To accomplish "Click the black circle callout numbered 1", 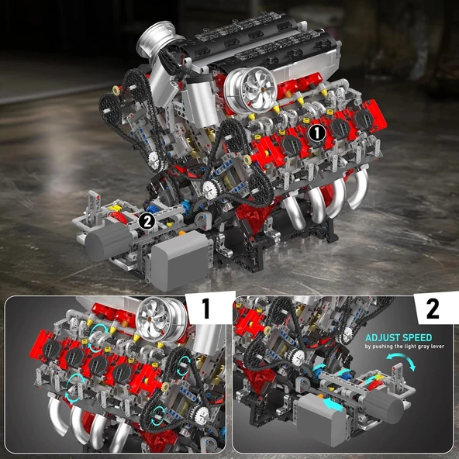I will tap(316, 133).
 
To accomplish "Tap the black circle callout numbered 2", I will tap(147, 221).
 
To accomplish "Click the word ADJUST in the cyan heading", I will tap(381, 338).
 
